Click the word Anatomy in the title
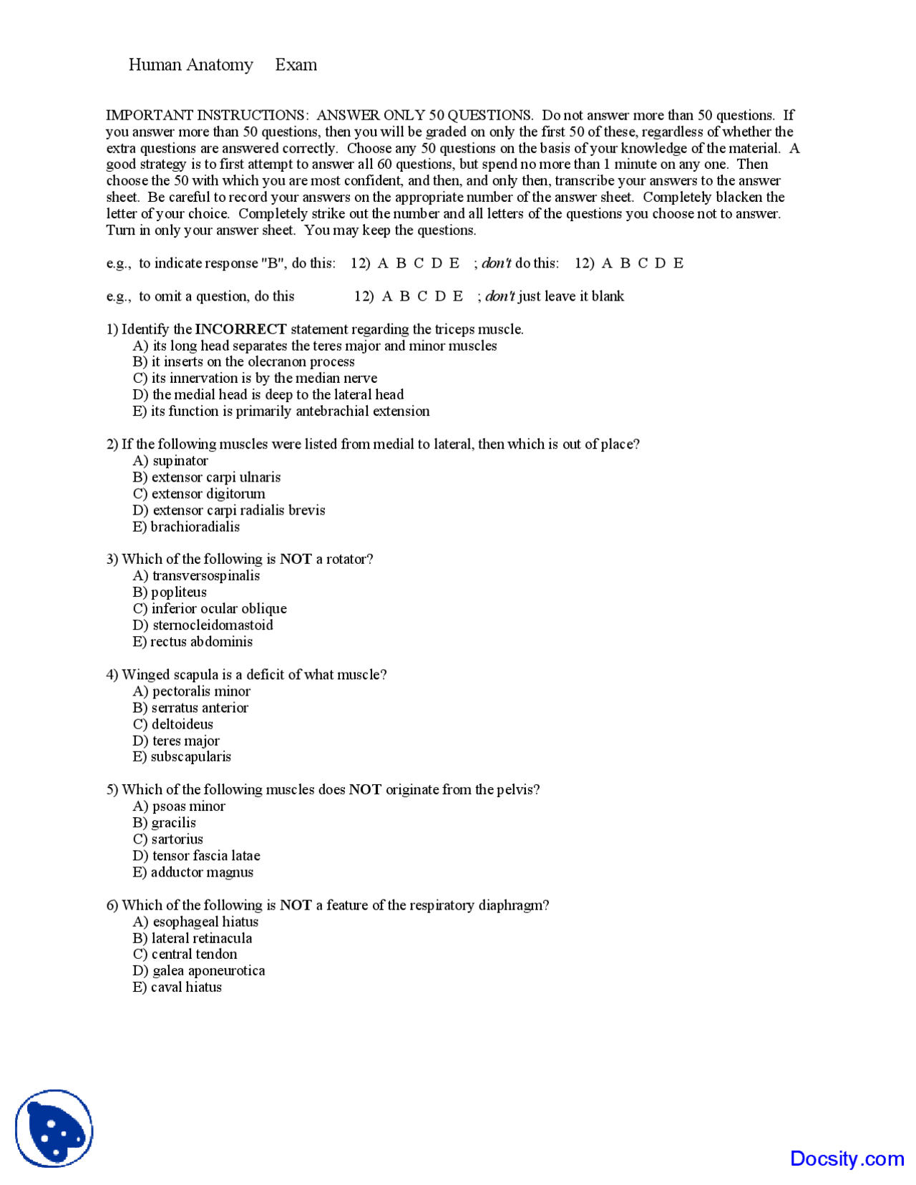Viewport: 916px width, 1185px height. [x=220, y=65]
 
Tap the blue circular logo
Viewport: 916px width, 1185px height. [x=54, y=1128]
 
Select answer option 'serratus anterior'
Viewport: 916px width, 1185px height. [x=200, y=708]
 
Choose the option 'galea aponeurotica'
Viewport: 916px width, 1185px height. [x=208, y=971]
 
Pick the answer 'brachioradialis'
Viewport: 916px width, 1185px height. [x=195, y=527]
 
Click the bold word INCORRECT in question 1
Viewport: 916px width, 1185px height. [x=240, y=329]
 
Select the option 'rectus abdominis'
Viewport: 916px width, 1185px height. [x=201, y=642]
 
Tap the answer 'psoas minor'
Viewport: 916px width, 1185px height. [x=188, y=806]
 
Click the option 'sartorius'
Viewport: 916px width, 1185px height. [x=177, y=839]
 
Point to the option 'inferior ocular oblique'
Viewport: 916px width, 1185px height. [x=218, y=609]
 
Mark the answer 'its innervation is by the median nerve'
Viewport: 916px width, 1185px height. [x=264, y=379]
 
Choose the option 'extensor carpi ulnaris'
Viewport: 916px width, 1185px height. [x=215, y=477]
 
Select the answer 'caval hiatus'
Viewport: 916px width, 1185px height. [x=186, y=987]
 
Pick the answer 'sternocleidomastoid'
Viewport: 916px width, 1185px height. [x=213, y=625]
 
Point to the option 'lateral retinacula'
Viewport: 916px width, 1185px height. [x=201, y=938]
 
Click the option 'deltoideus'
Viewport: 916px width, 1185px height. [x=182, y=724]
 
